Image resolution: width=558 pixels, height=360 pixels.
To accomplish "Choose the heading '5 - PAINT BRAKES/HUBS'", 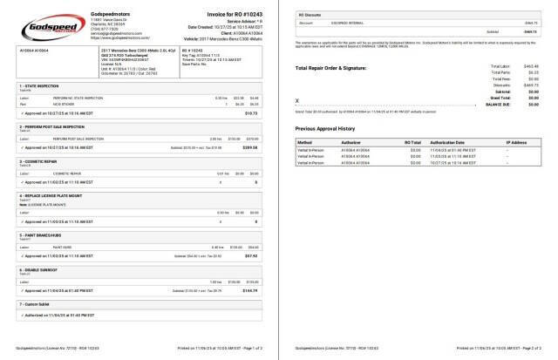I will (40, 235).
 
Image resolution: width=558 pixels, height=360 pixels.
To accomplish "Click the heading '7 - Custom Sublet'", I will (36, 304).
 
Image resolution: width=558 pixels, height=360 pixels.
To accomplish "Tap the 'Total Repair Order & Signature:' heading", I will (343, 68).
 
